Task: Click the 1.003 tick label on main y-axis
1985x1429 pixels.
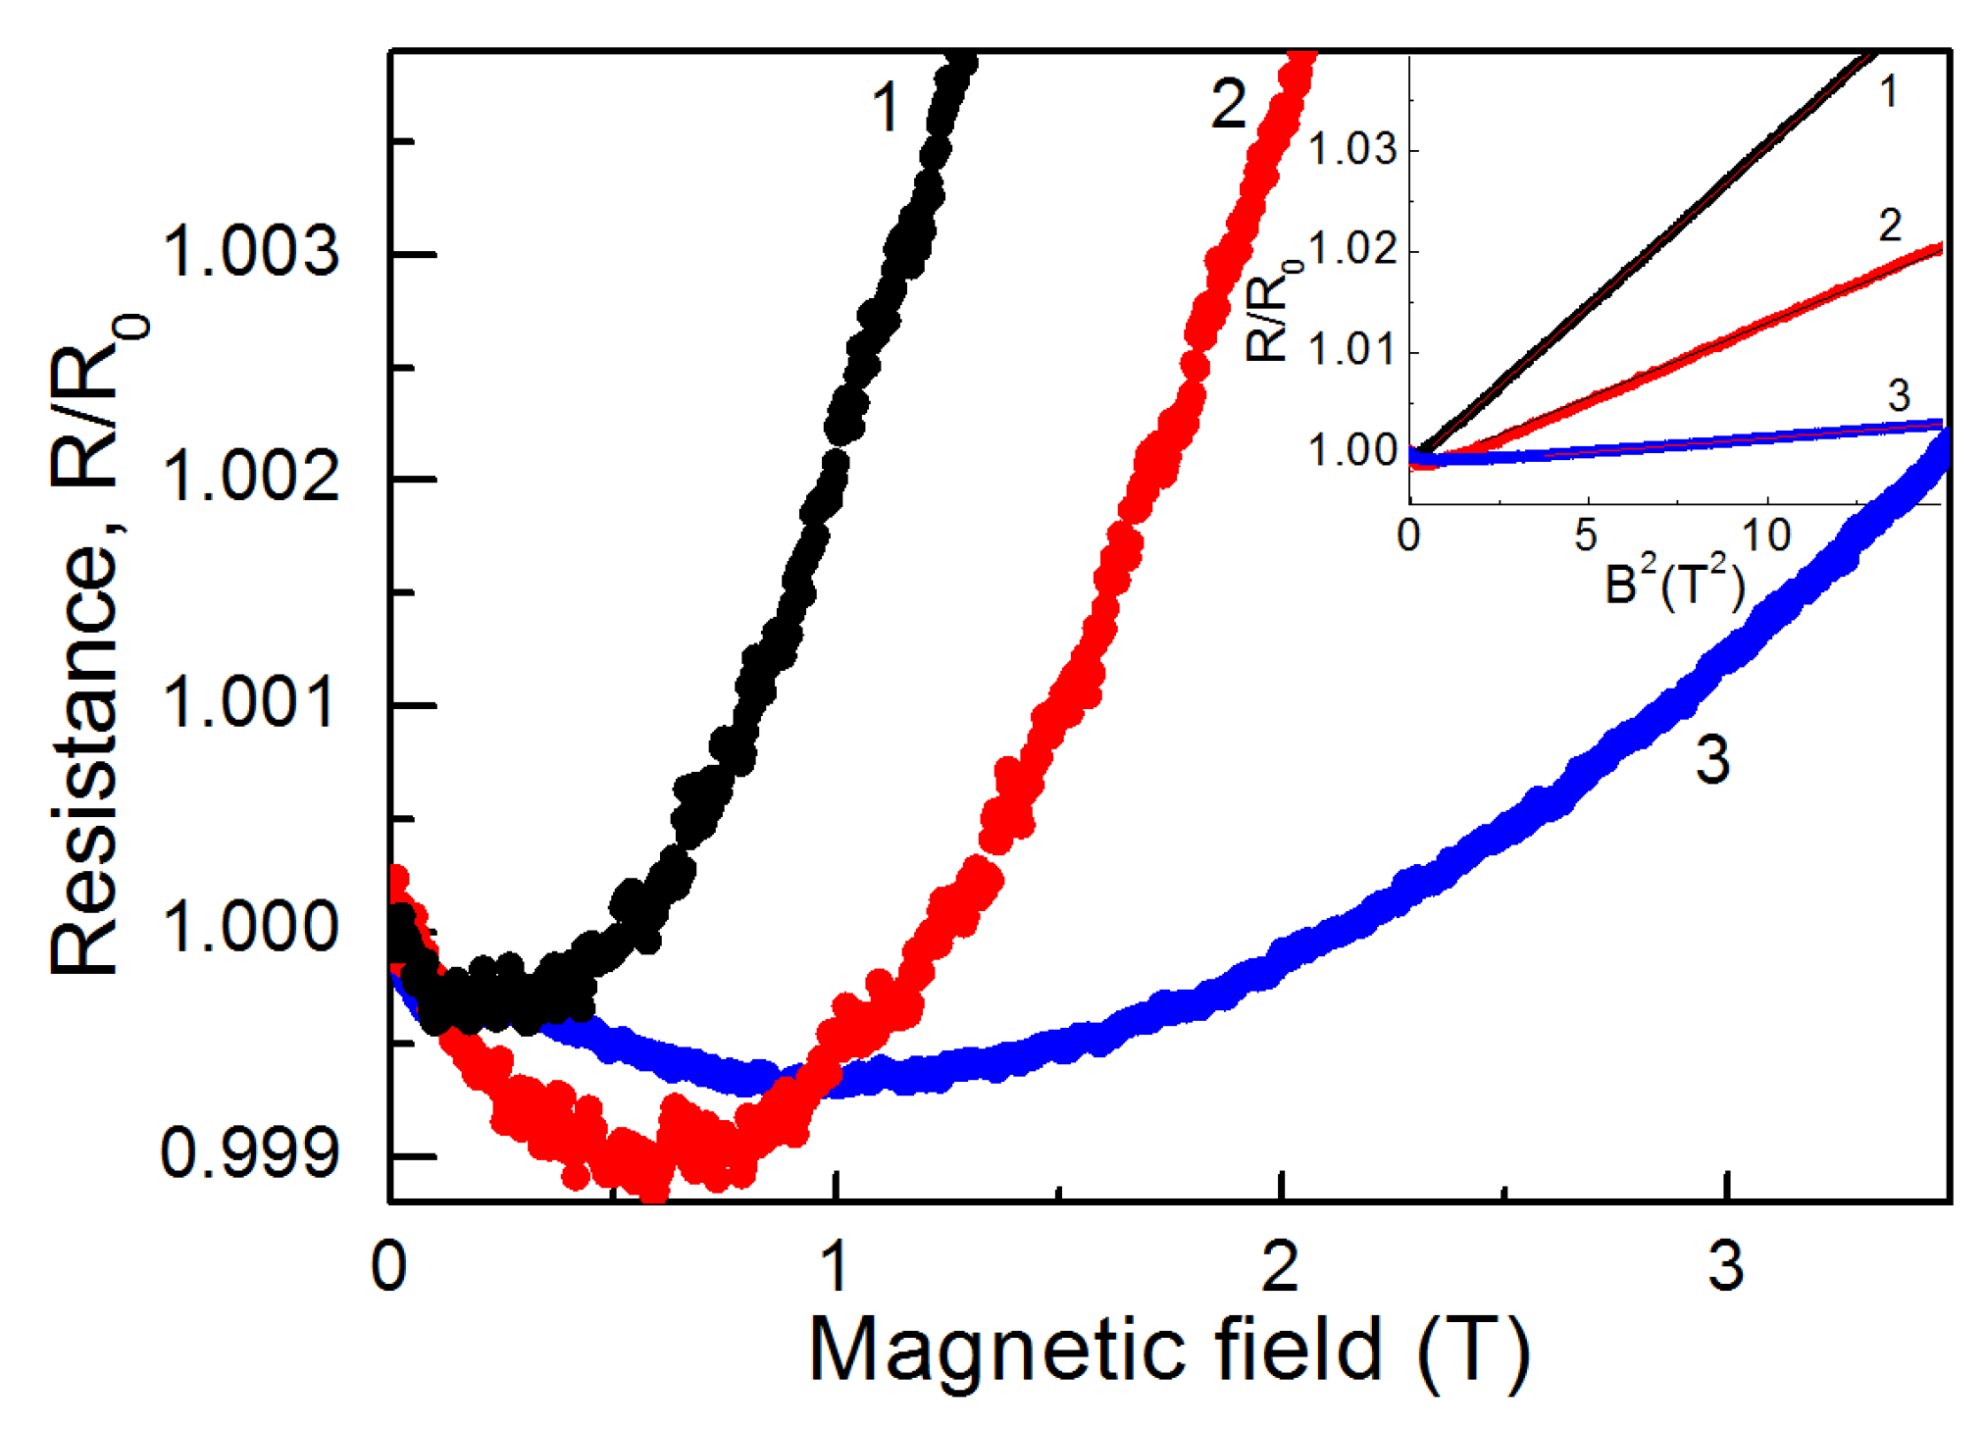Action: pyautogui.click(x=250, y=253)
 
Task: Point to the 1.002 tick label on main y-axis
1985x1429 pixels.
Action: pyautogui.click(x=250, y=478)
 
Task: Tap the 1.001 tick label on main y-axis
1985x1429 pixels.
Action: pyautogui.click(x=250, y=703)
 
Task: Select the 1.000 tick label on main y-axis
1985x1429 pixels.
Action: pyautogui.click(x=250, y=927)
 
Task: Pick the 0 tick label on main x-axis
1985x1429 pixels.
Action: pyautogui.click(x=389, y=1266)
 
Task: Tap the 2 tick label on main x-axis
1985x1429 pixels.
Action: pyautogui.click(x=1281, y=1266)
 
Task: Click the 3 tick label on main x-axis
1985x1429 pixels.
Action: pyautogui.click(x=1726, y=1266)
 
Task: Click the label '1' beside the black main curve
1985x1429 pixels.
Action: pyautogui.click(x=885, y=108)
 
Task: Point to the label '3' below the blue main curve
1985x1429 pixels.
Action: pyautogui.click(x=1712, y=760)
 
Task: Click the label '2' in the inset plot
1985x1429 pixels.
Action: pyautogui.click(x=1890, y=227)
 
